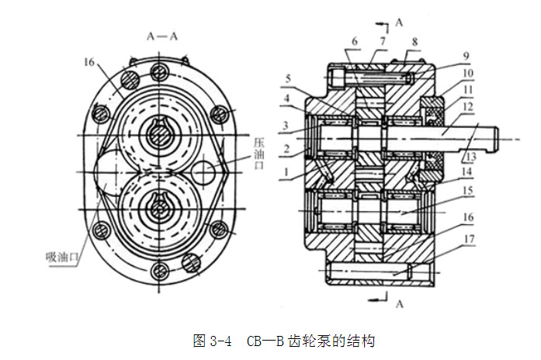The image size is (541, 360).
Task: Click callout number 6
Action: tap(355, 40)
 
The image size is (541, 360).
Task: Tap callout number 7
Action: tap(383, 40)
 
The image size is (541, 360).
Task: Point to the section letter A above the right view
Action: tap(399, 22)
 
